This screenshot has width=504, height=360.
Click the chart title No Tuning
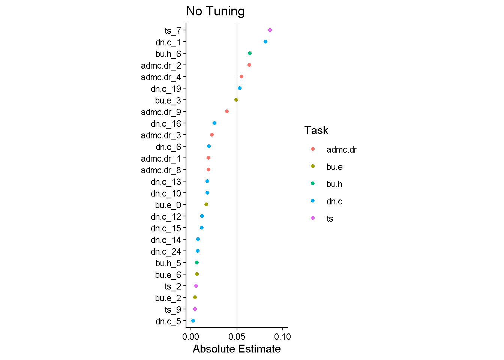pyautogui.click(x=215, y=11)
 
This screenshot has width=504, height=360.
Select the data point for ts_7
pyautogui.click(x=270, y=30)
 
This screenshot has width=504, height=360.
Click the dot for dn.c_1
pyautogui.click(x=265, y=42)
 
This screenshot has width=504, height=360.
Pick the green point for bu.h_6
pyautogui.click(x=250, y=53)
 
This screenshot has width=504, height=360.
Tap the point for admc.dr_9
pyautogui.click(x=227, y=111)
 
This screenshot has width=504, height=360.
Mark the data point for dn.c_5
pyautogui.click(x=193, y=321)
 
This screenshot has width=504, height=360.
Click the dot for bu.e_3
pyautogui.click(x=236, y=100)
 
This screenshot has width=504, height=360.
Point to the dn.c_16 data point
pyautogui.click(x=214, y=123)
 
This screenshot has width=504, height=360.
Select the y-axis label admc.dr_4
pyautogui.click(x=161, y=77)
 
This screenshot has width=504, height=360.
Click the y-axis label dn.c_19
pyautogui.click(x=166, y=89)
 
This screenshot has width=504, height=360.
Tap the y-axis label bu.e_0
pyautogui.click(x=168, y=205)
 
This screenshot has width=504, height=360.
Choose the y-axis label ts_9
pyautogui.click(x=172, y=310)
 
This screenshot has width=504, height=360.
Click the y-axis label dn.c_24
pyautogui.click(x=166, y=252)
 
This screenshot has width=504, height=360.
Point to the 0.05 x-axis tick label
pyautogui.click(x=237, y=337)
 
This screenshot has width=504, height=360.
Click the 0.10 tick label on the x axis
pyautogui.click(x=282, y=337)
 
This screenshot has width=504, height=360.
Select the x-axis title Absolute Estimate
pyautogui.click(x=237, y=349)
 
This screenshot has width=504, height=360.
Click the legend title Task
pyautogui.click(x=316, y=130)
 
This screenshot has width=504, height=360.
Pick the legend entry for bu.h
pyautogui.click(x=334, y=184)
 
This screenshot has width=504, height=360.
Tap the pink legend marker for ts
pyautogui.click(x=313, y=218)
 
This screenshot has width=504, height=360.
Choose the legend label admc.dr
pyautogui.click(x=342, y=150)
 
